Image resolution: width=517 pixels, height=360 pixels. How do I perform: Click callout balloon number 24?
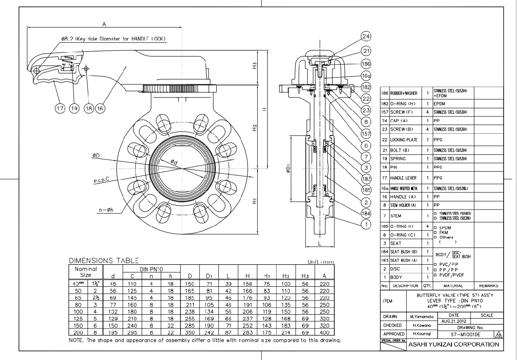tap(366, 36)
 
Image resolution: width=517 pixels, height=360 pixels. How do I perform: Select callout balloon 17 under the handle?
tap(60, 109)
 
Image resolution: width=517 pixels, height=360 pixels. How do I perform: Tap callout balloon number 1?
tap(366, 224)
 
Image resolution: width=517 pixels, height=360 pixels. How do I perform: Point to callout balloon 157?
tap(366, 134)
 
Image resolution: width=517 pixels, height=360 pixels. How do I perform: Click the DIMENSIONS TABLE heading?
tap(104, 260)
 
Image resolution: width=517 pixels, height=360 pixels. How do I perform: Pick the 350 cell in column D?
tap(190, 332)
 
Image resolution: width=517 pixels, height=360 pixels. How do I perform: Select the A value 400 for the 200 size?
tap(324, 332)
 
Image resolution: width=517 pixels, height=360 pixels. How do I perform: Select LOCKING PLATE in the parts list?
tap(404, 140)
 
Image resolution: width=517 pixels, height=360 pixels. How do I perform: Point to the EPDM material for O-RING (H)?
tap(440, 104)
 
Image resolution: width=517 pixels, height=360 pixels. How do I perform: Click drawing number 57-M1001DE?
tap(466, 334)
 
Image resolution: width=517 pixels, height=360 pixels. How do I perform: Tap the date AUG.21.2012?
tap(453, 321)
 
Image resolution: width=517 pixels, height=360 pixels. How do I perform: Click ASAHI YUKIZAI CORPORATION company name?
tap(453, 344)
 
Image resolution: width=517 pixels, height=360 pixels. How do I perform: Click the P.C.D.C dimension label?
tap(102, 180)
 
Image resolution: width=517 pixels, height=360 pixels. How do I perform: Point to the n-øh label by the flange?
tap(106, 210)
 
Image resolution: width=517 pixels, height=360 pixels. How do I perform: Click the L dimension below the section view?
tap(319, 244)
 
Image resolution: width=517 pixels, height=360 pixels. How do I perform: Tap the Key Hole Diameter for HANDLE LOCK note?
tap(113, 39)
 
